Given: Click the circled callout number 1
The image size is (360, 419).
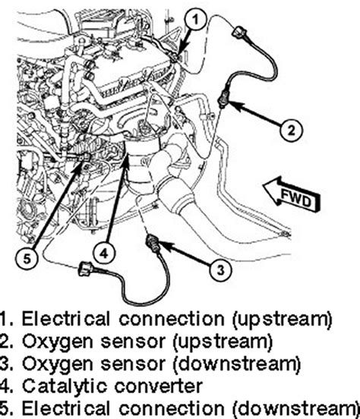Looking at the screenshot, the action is point(196,20).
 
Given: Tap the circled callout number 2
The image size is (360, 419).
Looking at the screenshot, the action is point(291,131).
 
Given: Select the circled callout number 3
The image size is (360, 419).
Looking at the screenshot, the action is point(220,270).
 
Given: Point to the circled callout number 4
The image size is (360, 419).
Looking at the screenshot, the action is point(104,253).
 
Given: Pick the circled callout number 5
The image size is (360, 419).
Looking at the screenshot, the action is point(27,259).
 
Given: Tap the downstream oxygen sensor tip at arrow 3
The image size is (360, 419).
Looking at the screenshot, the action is point(153,243).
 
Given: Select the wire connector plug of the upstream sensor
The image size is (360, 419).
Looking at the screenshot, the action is point(239,32).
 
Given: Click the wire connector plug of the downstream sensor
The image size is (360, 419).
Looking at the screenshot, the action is point(86,269).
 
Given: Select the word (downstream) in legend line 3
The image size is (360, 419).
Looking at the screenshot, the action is point(237,364).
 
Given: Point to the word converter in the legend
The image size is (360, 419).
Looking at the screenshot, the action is point(158,386).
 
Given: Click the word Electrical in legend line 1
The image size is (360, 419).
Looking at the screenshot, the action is point(66,319).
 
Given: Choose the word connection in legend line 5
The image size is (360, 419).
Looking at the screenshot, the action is point(172,408).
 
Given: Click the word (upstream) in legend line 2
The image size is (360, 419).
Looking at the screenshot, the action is point(223,342).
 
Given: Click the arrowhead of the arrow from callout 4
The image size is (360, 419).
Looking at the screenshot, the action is point(127,161).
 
